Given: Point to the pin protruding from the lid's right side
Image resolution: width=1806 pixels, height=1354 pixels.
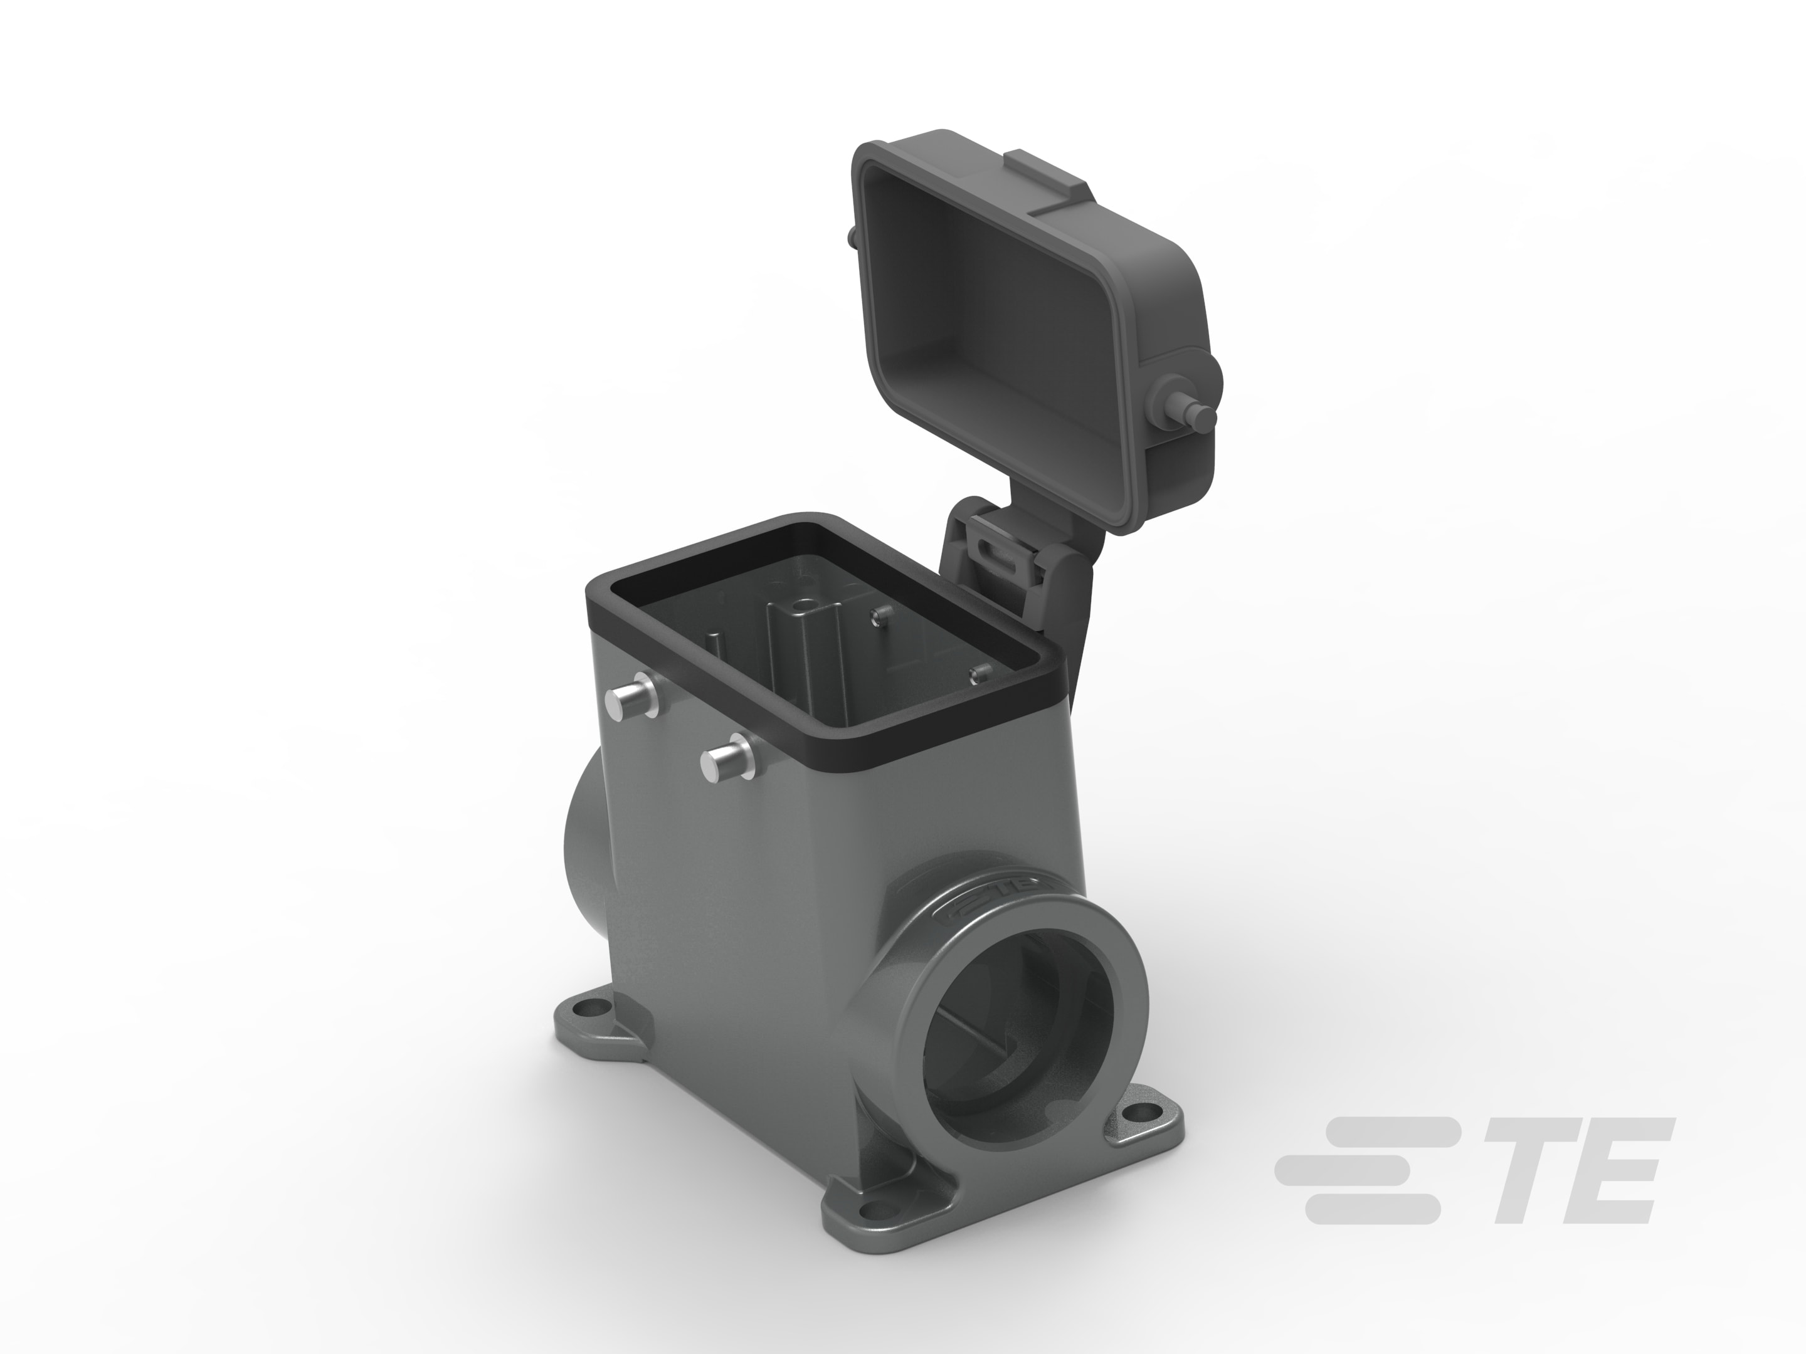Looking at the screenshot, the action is (x=1184, y=406).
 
